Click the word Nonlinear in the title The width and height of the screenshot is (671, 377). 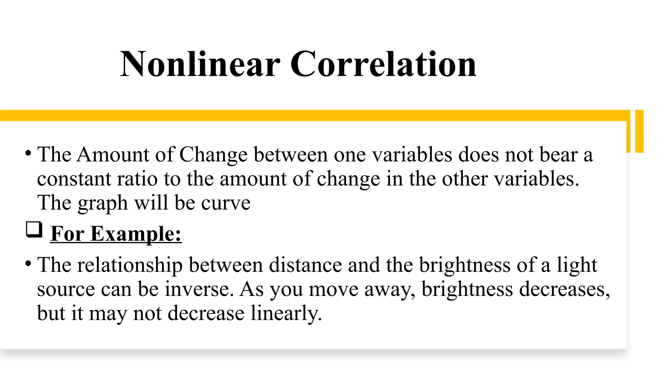tap(200, 64)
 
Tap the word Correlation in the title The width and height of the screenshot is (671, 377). tap(383, 64)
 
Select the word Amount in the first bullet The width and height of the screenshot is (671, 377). tap(113, 154)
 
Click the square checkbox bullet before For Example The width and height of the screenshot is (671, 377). tap(34, 229)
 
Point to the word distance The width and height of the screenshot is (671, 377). tap(305, 265)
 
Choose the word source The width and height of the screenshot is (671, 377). tap(66, 290)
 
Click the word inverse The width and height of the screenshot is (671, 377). tap(199, 290)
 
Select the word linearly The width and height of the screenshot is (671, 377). tap(286, 314)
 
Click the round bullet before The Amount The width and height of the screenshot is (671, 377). tap(28, 153)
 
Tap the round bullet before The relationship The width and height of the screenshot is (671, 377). tap(28, 263)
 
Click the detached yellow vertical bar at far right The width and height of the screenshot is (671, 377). tap(639, 131)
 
